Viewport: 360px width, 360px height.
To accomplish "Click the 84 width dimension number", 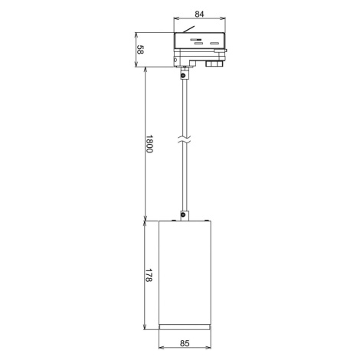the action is coord(199,15).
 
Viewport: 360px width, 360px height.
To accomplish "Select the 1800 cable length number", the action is coord(149,144).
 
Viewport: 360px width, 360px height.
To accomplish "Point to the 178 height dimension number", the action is coord(149,275).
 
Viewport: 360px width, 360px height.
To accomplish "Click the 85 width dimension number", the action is coord(185,343).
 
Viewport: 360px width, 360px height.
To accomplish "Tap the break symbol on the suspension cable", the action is coord(185,139).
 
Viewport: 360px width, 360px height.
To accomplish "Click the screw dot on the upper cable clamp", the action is coord(183,76).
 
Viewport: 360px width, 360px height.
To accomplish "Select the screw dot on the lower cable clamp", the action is coord(183,214).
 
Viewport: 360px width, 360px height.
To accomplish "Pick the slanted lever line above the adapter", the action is coord(188,29).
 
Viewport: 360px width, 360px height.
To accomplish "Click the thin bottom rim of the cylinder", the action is coord(185,327).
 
